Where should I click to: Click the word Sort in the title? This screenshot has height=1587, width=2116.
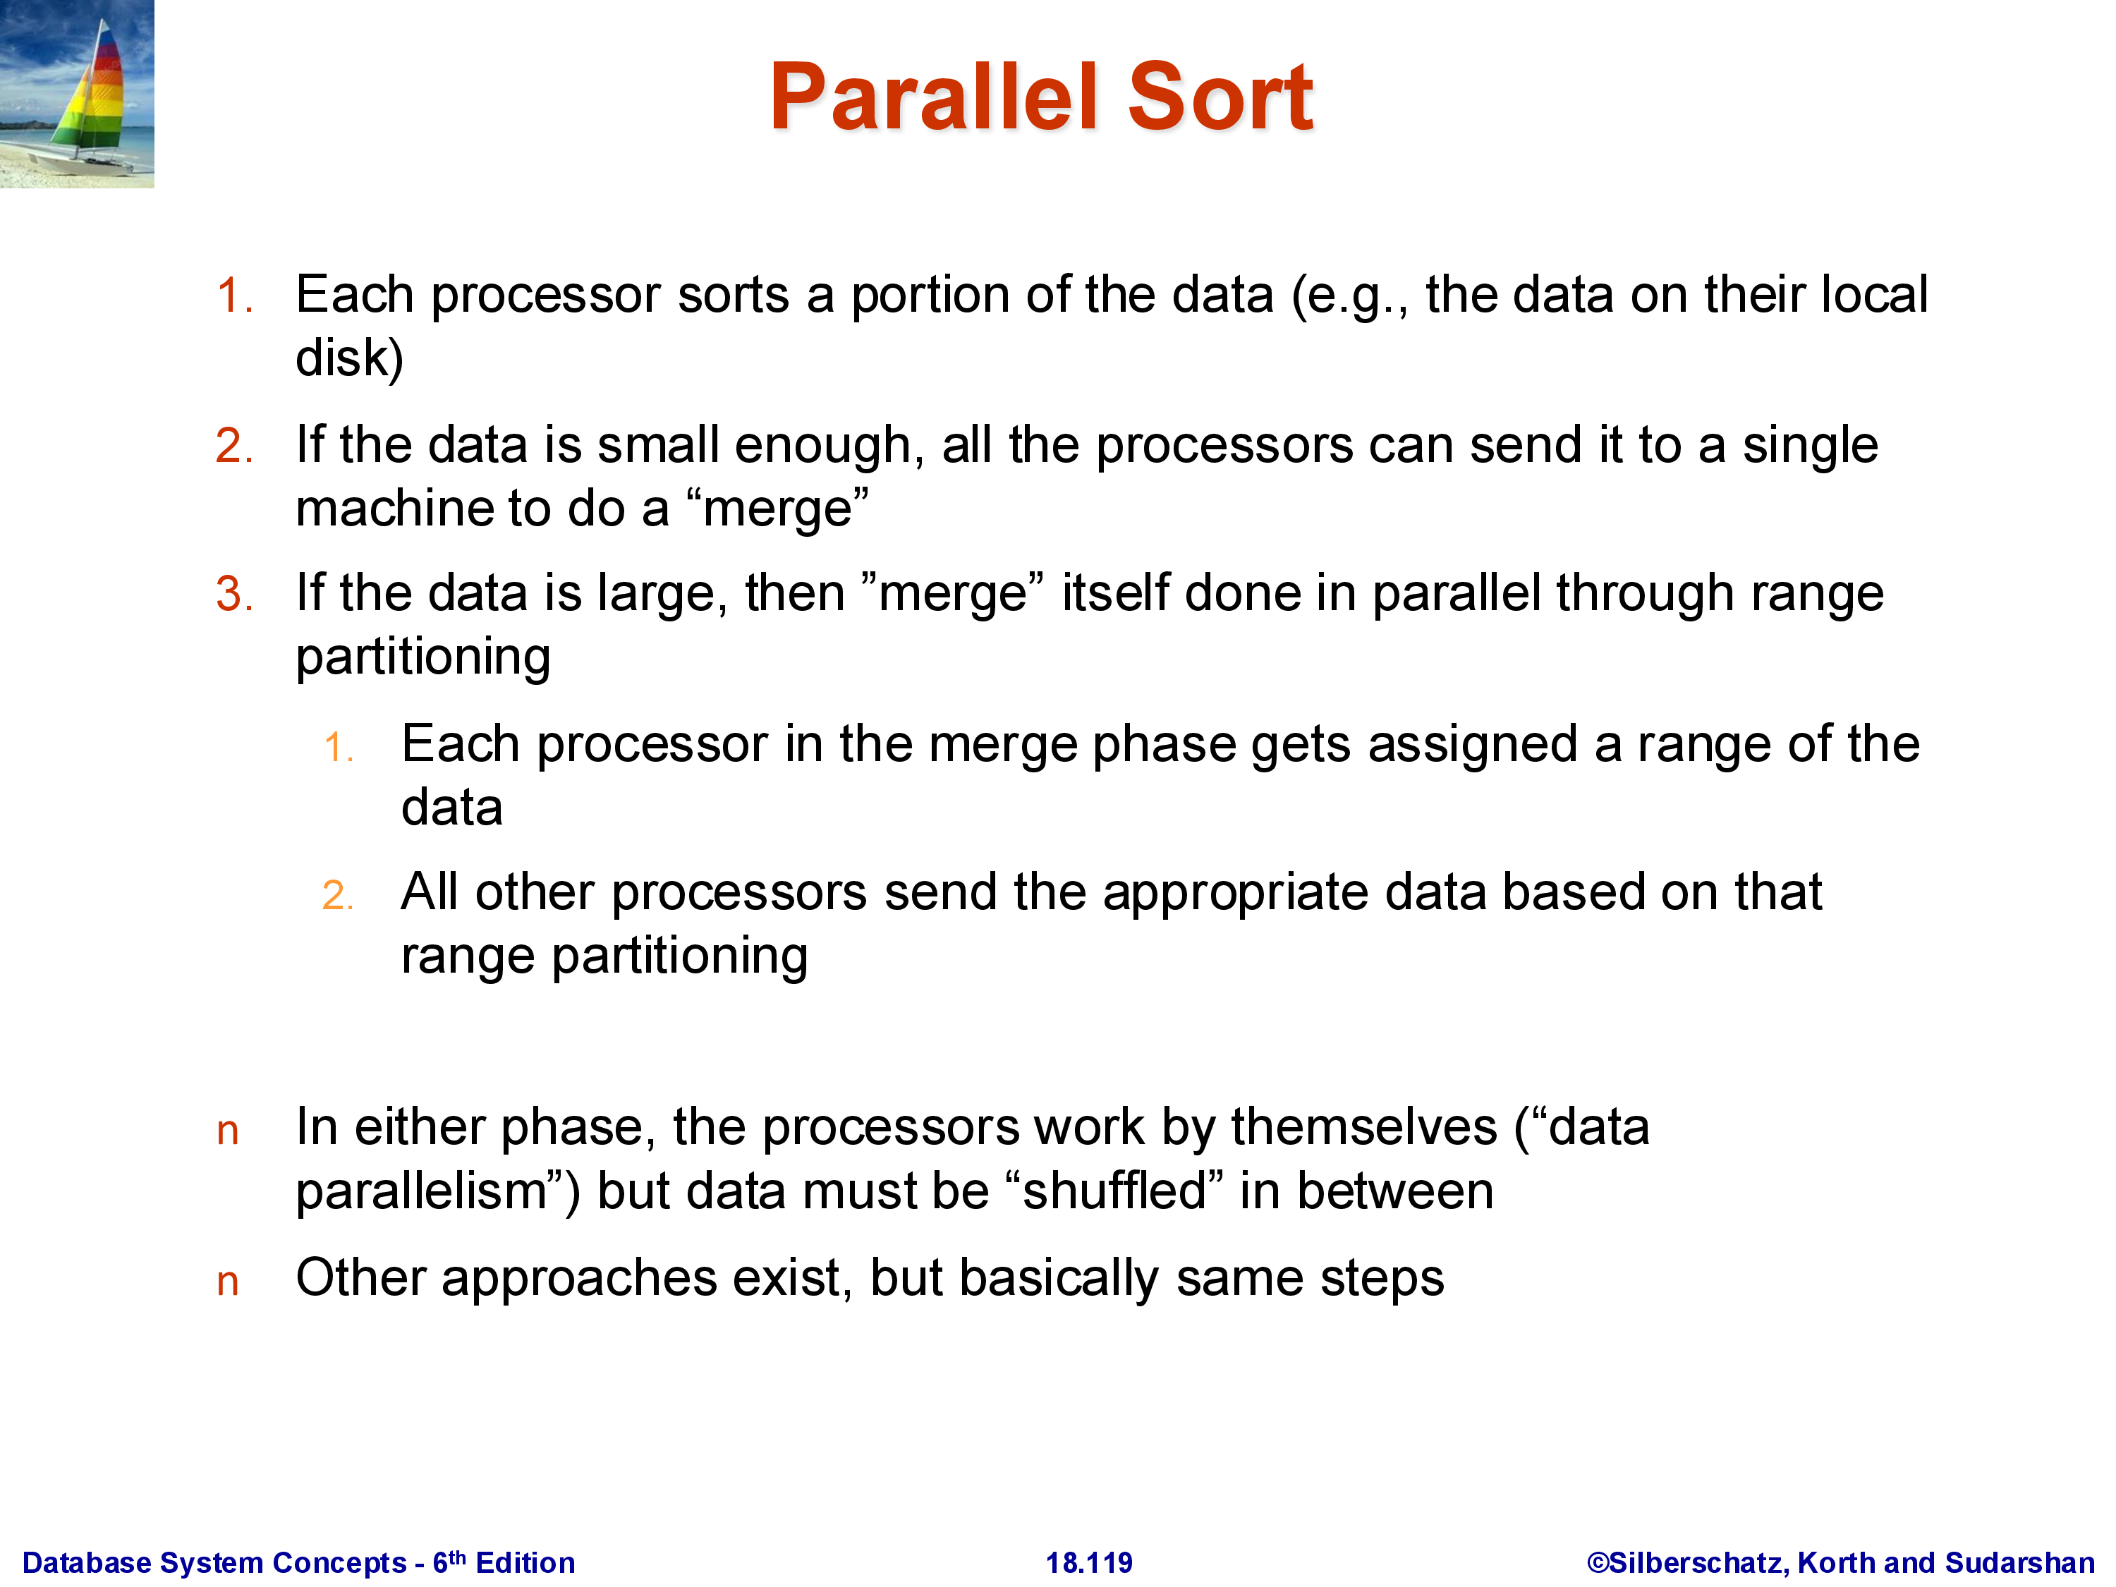tap(1221, 97)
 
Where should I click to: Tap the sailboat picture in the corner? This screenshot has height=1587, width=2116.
tap(76, 94)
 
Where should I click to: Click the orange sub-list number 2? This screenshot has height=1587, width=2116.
tap(339, 895)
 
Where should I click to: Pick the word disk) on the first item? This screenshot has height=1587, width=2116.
tap(350, 358)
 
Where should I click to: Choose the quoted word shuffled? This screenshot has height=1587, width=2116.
tap(1115, 1191)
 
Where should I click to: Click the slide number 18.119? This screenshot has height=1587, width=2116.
tap(1090, 1563)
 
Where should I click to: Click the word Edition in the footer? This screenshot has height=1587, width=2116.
tap(525, 1563)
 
